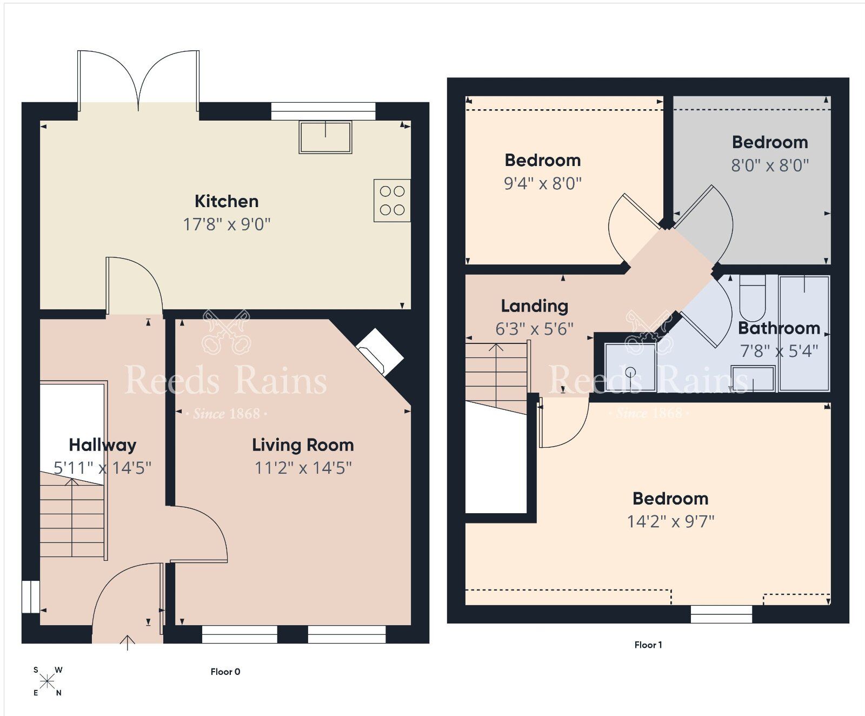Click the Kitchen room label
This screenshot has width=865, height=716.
click(x=227, y=201)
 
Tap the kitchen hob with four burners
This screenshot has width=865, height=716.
click(x=392, y=201)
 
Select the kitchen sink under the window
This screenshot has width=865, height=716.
click(x=325, y=137)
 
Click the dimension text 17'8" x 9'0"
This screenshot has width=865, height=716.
click(x=227, y=224)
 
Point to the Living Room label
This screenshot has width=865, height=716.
click(x=303, y=445)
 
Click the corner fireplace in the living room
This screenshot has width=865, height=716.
click(x=380, y=352)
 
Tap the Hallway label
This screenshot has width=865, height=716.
click(x=102, y=445)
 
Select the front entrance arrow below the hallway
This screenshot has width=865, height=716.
click(x=128, y=642)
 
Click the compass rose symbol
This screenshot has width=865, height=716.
click(x=47, y=681)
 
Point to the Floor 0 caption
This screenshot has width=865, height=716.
click(x=225, y=672)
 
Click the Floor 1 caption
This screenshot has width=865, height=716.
click(x=648, y=645)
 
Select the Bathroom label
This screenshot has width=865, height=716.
click(x=778, y=328)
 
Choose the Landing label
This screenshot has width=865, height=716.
click(x=534, y=306)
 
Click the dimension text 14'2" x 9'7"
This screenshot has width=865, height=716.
click(x=670, y=521)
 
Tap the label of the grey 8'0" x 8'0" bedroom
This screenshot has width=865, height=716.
click(x=770, y=142)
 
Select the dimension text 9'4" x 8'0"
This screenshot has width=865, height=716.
click(x=542, y=183)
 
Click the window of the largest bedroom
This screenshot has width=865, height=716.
click(x=721, y=614)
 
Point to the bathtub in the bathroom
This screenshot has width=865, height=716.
click(x=804, y=333)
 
